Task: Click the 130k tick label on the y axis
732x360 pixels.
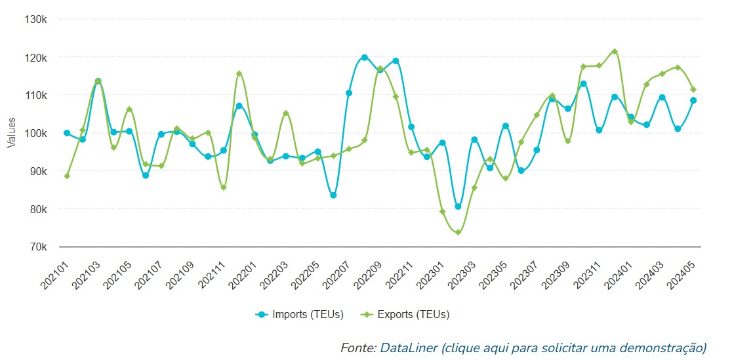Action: click(x=35, y=20)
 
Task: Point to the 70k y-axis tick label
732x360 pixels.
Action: click(x=37, y=247)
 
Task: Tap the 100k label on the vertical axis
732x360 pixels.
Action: click(x=35, y=134)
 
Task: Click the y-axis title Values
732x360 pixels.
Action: click(x=11, y=133)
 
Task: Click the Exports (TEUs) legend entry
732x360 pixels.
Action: click(x=406, y=315)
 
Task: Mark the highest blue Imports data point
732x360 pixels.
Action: click(x=365, y=58)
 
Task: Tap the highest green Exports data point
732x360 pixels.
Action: click(x=615, y=51)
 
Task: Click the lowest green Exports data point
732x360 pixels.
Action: click(x=458, y=233)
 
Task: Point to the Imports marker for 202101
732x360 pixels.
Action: click(x=67, y=133)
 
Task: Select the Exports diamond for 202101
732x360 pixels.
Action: click(x=67, y=176)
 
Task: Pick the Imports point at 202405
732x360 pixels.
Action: click(x=693, y=100)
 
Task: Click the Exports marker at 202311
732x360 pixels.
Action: click(x=599, y=66)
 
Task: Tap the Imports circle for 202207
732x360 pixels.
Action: click(x=349, y=93)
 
